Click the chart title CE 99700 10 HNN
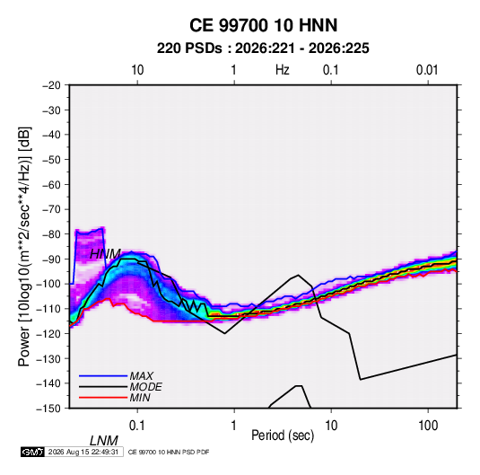(263, 25)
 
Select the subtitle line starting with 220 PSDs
(263, 48)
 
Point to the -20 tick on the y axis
(51, 85)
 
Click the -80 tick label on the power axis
(51, 234)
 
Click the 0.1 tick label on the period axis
(137, 426)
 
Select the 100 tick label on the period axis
(428, 426)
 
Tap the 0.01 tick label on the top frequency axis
(427, 70)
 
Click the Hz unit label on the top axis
(283, 70)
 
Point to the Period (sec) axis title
(283, 435)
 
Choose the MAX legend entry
(141, 375)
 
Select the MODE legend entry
(145, 387)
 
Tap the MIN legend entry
(140, 398)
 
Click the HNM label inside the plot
(105, 254)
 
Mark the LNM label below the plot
(104, 441)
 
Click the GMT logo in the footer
(32, 452)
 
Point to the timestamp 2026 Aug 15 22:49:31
(83, 452)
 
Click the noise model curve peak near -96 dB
(298, 275)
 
